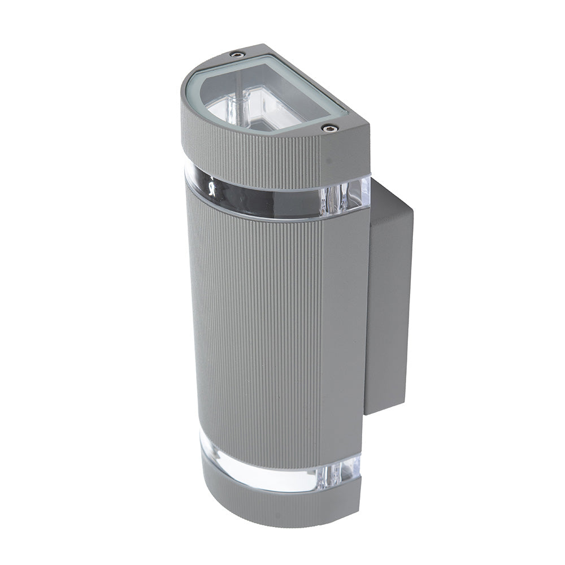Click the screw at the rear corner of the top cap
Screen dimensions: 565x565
tap(235, 54)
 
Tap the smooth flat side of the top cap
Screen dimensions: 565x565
tap(347, 153)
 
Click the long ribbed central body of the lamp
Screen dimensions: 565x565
tap(254, 328)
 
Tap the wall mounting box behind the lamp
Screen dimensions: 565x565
tap(390, 299)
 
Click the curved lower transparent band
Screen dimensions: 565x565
tap(260, 472)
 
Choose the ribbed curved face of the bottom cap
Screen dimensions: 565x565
tap(266, 506)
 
